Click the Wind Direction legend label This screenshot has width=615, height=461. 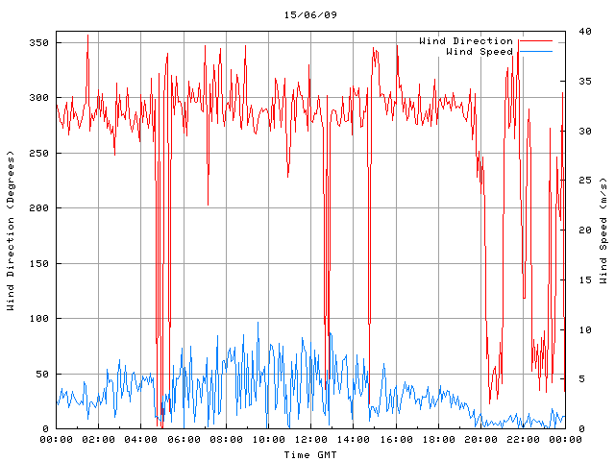(466, 41)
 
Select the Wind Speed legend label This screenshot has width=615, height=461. (480, 52)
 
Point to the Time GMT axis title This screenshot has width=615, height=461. (310, 453)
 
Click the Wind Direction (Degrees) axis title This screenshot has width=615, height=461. (11, 230)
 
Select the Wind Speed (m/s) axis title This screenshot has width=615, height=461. (603, 230)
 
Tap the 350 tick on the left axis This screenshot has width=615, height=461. (38, 43)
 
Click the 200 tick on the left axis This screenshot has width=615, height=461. (38, 208)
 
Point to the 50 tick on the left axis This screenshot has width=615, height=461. (41, 375)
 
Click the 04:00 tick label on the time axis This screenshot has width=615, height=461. (141, 439)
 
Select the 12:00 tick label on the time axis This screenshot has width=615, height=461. (310, 439)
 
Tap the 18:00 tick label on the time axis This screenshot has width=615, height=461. (437, 439)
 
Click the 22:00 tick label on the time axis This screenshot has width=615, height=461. (522, 439)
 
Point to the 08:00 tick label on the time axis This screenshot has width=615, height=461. (226, 439)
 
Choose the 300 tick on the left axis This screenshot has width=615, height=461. (38, 98)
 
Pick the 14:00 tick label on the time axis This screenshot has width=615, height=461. (353, 439)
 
